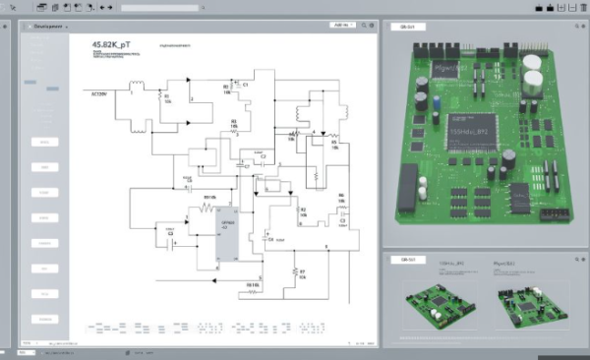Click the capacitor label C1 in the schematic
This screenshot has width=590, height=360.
pyautogui.click(x=246, y=86)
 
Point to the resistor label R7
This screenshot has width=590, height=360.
pyautogui.click(x=302, y=270)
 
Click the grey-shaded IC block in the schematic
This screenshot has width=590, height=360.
pyautogui.click(x=229, y=237)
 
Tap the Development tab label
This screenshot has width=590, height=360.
pyautogui.click(x=47, y=29)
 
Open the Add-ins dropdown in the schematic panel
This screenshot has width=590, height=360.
pyautogui.click(x=341, y=28)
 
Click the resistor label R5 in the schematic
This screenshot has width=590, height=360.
pyautogui.click(x=334, y=144)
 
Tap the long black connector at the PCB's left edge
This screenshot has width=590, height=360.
pyautogui.click(x=406, y=192)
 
